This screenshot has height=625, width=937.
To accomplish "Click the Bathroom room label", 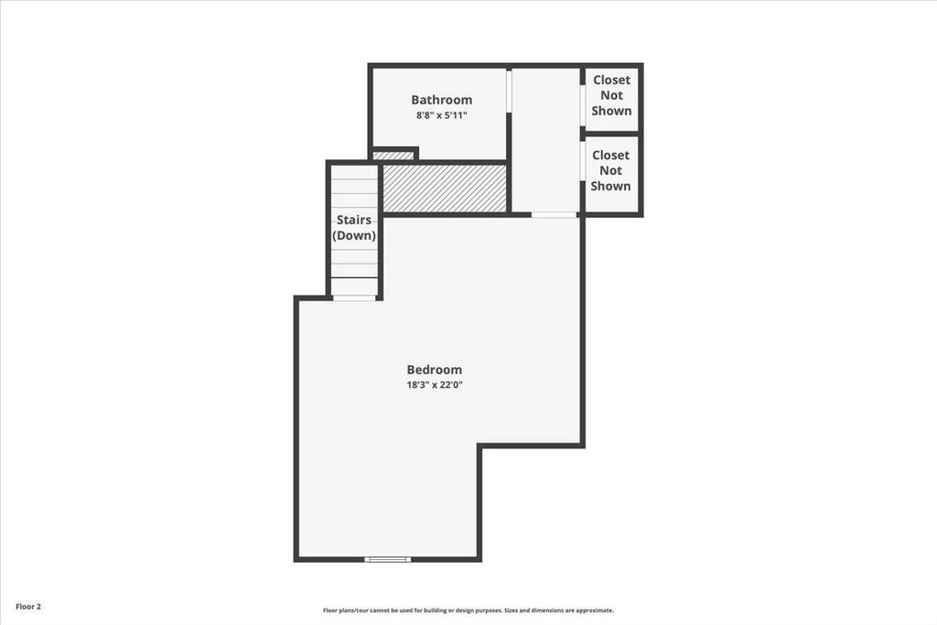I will pyautogui.click(x=441, y=100).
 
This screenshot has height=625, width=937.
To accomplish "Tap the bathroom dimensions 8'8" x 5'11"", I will pyautogui.click(x=441, y=116).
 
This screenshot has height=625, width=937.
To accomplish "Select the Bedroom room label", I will pyautogui.click(x=434, y=370).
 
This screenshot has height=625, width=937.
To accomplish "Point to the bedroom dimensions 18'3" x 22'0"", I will pyautogui.click(x=434, y=385).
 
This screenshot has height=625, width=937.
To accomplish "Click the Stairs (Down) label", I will pyautogui.click(x=354, y=228).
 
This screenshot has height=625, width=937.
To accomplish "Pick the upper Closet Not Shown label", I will pyautogui.click(x=611, y=95).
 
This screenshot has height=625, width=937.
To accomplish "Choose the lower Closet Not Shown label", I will pyautogui.click(x=610, y=170).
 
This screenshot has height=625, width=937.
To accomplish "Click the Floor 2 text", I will pyautogui.click(x=27, y=607).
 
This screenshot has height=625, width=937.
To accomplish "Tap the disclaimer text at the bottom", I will pyautogui.click(x=468, y=610).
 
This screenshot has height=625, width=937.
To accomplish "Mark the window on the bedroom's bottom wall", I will pyautogui.click(x=387, y=559).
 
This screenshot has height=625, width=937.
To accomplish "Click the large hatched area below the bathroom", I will pyautogui.click(x=444, y=188).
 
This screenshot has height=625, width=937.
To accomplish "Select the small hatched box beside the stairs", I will pyautogui.click(x=393, y=156).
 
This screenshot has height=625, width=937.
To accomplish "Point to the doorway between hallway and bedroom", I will pyautogui.click(x=554, y=215).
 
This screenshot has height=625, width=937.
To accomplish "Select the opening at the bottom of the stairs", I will pyautogui.click(x=353, y=297).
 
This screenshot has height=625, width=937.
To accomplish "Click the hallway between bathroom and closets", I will pyautogui.click(x=545, y=137).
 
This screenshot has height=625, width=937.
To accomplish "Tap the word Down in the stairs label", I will pyautogui.click(x=354, y=236).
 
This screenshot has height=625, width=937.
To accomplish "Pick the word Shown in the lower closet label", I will pyautogui.click(x=610, y=186).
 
